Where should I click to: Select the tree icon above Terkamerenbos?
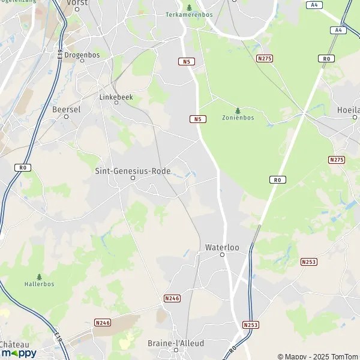pyautogui.click(x=189, y=7)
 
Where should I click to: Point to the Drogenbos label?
pyautogui.click(x=82, y=55)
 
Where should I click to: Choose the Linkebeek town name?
pyautogui.click(x=116, y=96)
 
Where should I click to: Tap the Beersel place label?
pyautogui.click(x=67, y=109)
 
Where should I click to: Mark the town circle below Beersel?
pyautogui.click(x=67, y=116)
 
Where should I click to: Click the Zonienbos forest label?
pyautogui.click(x=238, y=118)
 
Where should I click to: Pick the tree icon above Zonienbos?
pyautogui.click(x=238, y=110)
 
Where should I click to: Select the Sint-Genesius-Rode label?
pyautogui.click(x=133, y=171)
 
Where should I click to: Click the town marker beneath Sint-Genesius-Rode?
pyautogui.click(x=133, y=178)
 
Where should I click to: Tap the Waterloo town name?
pyautogui.click(x=221, y=247)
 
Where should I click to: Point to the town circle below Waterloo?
pyautogui.click(x=222, y=254)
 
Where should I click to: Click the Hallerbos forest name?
pyautogui.click(x=40, y=283)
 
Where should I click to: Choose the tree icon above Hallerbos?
pyautogui.click(x=40, y=276)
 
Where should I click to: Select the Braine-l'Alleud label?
pyautogui.click(x=176, y=344)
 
